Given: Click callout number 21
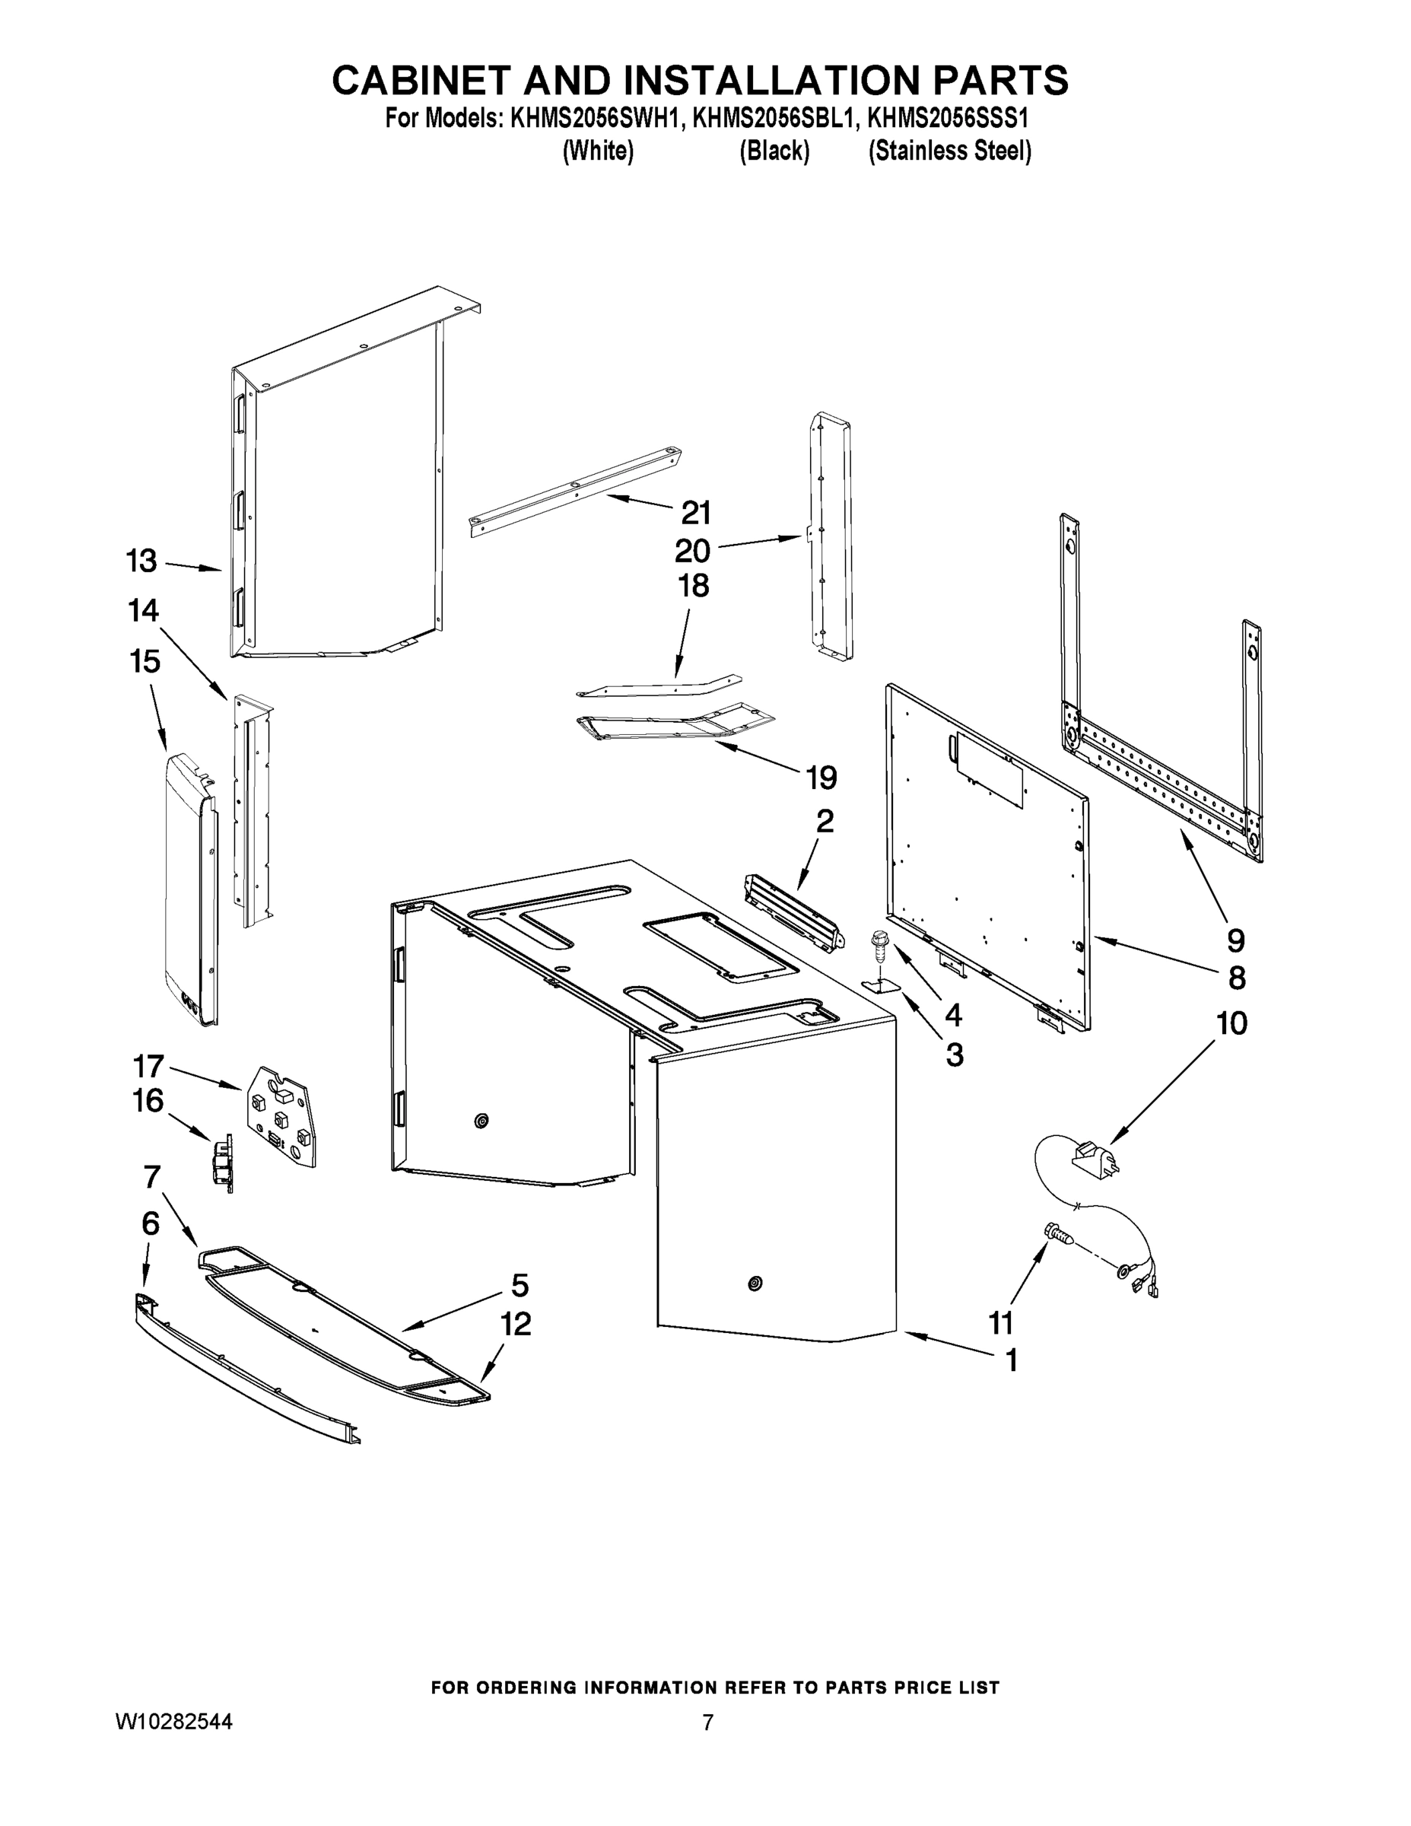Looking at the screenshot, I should click(695, 512).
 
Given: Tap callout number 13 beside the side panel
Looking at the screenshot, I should click(141, 560).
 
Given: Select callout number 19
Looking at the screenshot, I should click(821, 778).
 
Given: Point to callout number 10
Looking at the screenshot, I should click(1232, 1023).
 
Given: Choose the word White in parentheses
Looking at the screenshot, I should click(598, 151).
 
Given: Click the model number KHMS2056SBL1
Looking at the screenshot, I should click(775, 119).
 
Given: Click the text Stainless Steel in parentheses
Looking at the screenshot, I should click(949, 151).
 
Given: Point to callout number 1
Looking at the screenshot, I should click(1011, 1360).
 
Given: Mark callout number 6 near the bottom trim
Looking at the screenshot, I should click(151, 1223).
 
